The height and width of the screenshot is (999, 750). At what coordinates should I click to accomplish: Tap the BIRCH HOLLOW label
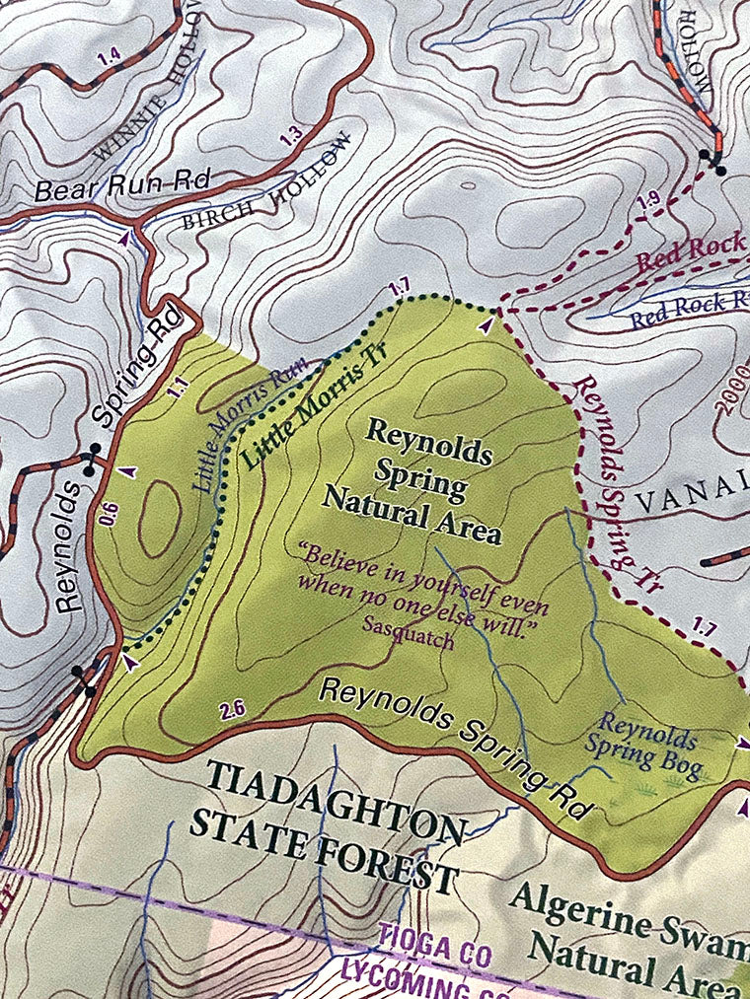coord(266,180)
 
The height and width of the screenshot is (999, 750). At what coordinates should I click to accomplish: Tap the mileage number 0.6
coord(109,513)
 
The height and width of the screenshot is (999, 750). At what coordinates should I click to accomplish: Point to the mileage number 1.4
coord(110,58)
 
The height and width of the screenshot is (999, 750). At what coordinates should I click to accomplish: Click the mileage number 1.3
coord(290,136)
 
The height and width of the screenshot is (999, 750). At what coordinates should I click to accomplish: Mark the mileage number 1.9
coord(648,201)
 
